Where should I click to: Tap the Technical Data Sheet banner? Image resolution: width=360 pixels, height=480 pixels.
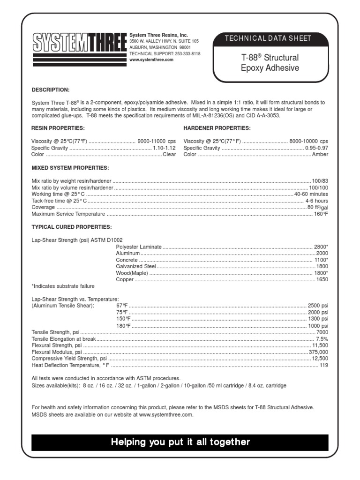(x=268, y=38)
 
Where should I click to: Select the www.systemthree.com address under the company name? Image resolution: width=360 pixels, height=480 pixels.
(x=151, y=60)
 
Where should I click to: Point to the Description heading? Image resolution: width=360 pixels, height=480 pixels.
(x=51, y=90)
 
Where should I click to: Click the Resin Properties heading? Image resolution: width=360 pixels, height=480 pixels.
(x=58, y=128)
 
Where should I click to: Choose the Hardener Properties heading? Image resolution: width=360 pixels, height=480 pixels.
(x=217, y=128)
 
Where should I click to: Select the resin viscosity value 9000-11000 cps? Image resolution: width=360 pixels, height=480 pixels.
(x=157, y=141)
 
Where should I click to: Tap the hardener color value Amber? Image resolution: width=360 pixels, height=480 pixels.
(x=320, y=154)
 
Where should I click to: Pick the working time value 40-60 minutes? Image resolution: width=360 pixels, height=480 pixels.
(x=311, y=194)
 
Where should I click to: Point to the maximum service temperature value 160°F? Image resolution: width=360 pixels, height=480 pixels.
(x=321, y=214)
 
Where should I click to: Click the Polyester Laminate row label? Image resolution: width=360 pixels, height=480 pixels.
(x=139, y=247)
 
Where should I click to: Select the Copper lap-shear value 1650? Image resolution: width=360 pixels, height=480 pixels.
(x=322, y=279)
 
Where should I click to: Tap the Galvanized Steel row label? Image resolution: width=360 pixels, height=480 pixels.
(x=136, y=266)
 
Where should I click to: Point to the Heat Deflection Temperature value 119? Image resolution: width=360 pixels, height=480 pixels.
(x=324, y=365)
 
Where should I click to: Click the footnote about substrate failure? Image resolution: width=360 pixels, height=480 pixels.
(x=63, y=286)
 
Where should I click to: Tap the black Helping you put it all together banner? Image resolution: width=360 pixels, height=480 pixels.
(x=180, y=442)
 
